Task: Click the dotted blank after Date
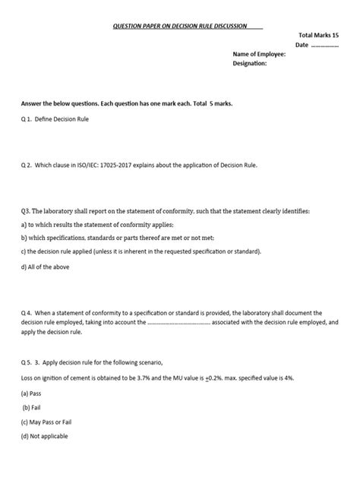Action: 326,45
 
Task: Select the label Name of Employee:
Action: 259,55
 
